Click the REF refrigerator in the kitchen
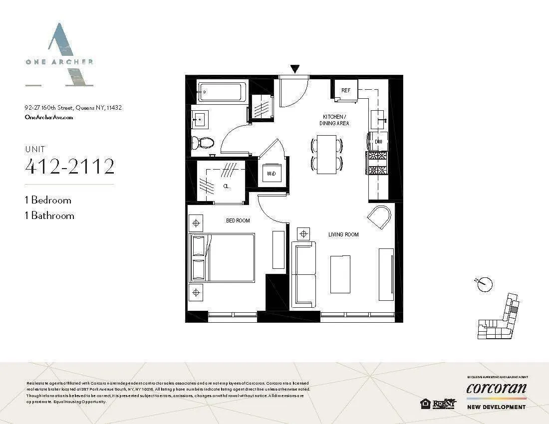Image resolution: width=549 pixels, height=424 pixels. [346, 91]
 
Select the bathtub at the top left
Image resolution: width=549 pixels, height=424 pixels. [220, 92]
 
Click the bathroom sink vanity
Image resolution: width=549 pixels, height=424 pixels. [201, 120]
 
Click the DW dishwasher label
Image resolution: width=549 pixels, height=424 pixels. [378, 142]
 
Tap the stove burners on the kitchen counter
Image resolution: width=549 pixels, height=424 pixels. [377, 163]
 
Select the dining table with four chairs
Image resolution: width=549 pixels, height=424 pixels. [327, 154]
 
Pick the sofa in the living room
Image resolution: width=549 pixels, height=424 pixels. [303, 274]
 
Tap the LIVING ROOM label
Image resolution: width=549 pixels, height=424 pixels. [343, 234]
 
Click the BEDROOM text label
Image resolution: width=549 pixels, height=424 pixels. [238, 220]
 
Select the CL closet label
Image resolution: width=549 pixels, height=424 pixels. [226, 187]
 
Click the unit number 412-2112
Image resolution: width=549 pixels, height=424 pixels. [70, 167]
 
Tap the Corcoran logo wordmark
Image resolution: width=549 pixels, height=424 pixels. [496, 388]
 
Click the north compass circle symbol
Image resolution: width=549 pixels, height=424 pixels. [485, 284]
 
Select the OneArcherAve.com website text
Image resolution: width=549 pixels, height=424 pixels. [49, 117]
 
